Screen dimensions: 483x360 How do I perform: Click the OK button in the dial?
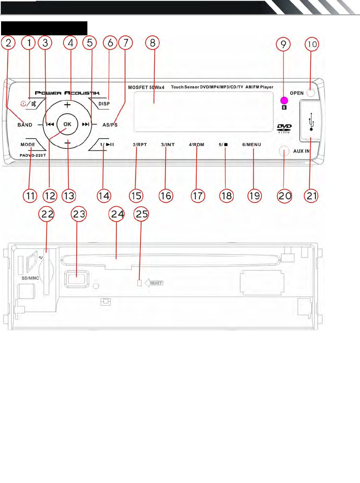tap(67, 124)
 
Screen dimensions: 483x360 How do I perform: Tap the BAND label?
tap(25, 125)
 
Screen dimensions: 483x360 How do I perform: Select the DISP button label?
tap(104, 104)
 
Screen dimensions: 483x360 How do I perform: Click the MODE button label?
tap(28, 144)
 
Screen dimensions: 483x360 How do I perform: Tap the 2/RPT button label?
tap(140, 144)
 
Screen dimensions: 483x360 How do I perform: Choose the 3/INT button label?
tap(168, 144)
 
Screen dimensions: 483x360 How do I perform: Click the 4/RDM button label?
tap(196, 144)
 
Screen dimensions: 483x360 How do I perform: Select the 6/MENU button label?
tap(252, 144)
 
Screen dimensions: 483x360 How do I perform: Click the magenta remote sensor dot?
tap(284, 101)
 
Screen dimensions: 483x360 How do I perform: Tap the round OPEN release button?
tap(311, 93)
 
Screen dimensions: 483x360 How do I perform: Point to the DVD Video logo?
tap(284, 128)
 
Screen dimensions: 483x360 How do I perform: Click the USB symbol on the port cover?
tap(311, 122)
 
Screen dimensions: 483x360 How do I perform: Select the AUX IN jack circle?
tap(284, 151)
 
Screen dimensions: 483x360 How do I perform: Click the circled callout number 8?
tap(152, 43)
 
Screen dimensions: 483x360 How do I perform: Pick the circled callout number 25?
tap(142, 214)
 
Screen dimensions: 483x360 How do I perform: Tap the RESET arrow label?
tap(154, 283)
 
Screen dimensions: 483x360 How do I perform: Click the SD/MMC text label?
tap(30, 278)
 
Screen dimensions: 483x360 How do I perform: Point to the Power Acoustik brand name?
tap(67, 93)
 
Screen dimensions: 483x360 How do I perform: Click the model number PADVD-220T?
tap(33, 155)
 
